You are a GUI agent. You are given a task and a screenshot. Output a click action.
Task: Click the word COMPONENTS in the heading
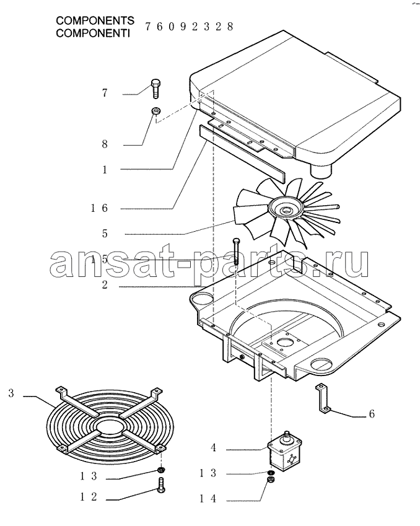pos(95,20)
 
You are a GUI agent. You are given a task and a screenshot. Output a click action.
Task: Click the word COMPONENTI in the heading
pos(92,33)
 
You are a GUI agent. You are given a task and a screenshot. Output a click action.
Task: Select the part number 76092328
pos(189,27)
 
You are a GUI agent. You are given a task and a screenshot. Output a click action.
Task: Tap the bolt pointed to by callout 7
pos(155,88)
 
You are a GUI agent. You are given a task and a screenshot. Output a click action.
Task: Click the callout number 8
pos(105,144)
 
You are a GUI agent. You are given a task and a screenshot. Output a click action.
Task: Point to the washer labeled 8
pos(156,110)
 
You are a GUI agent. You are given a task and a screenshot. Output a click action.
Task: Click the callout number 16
pos(99,208)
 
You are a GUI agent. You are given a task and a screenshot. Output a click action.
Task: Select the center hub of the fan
pos(286,210)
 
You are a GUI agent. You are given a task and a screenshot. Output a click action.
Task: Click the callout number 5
pos(105,234)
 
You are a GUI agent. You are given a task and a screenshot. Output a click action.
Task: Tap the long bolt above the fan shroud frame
pos(236,250)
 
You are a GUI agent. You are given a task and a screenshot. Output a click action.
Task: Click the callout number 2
pos(105,285)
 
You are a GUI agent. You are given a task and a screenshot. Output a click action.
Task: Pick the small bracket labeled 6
pos(323,398)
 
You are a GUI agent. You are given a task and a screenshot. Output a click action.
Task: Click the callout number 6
pos(371,414)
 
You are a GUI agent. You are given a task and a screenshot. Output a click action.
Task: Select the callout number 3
pos(11,393)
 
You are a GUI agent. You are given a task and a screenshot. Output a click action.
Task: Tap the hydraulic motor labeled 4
pos(285,451)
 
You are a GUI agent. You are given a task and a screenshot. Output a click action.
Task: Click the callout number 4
pos(213,447)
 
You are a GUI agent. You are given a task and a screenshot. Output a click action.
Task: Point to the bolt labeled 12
pos(160,485)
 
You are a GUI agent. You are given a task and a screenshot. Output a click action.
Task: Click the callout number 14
pos(208,499)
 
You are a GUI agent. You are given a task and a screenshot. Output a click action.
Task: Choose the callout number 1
pos(105,170)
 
